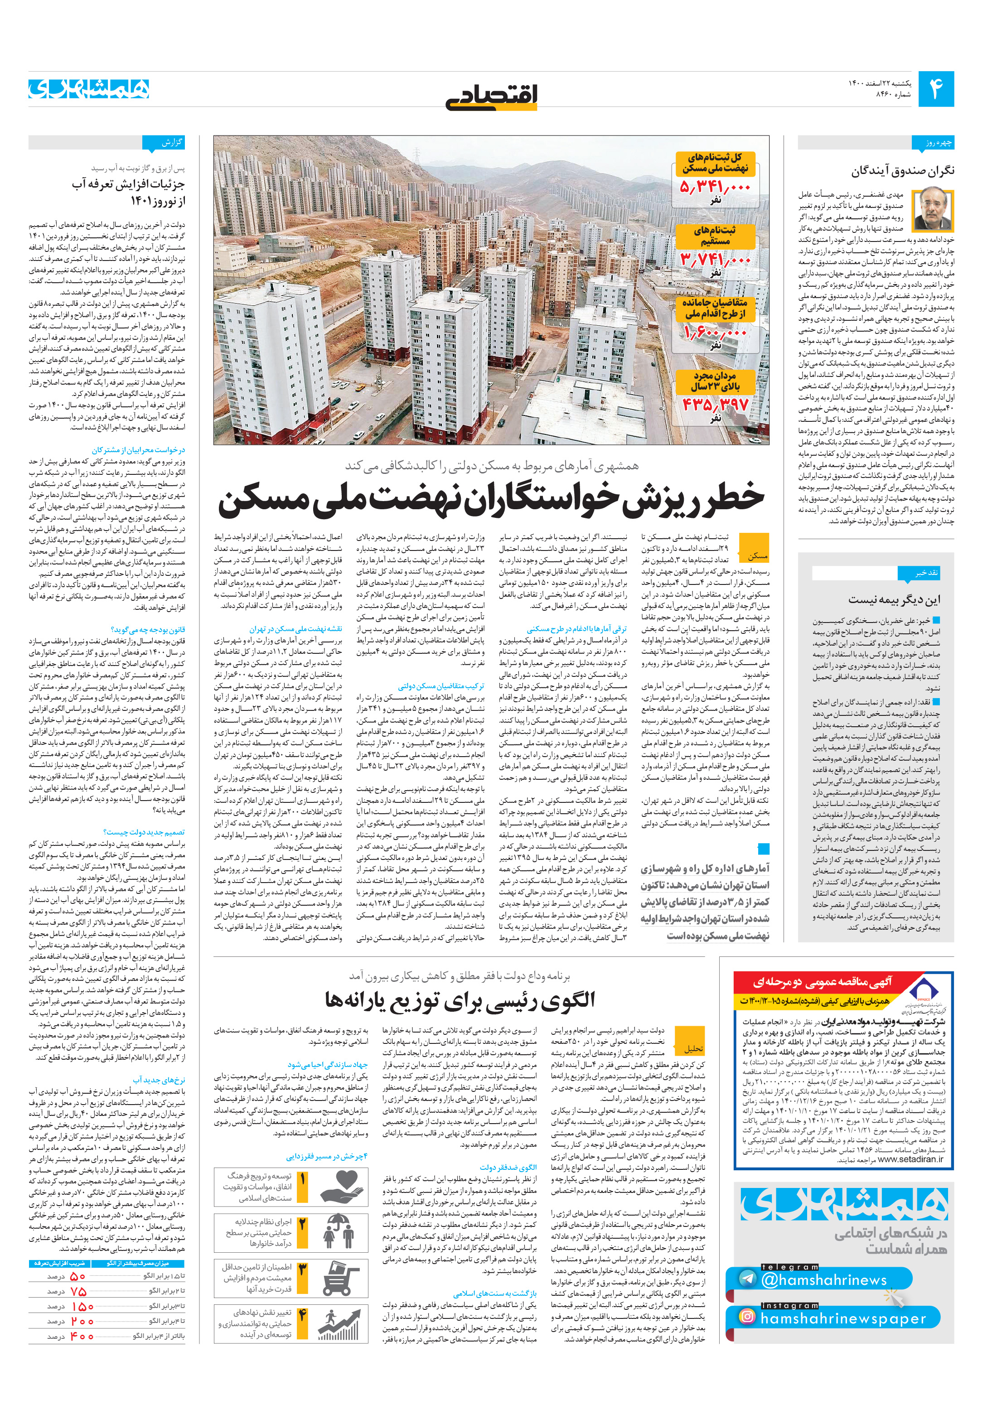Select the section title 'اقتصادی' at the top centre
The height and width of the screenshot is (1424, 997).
coord(491,96)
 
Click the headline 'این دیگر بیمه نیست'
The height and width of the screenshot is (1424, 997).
coord(894,600)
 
